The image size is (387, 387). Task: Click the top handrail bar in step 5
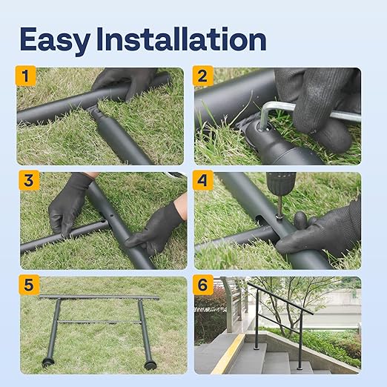pyautogui.click(x=100, y=297)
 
